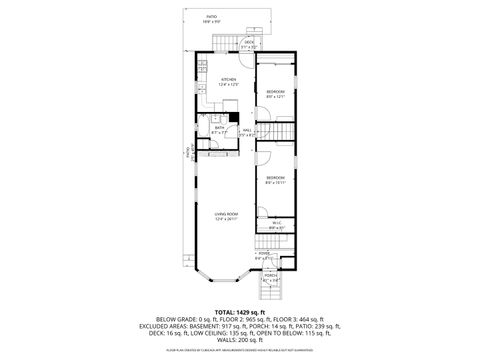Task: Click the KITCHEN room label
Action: point(227,79)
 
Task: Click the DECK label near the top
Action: point(249,42)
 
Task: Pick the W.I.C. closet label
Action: point(276,224)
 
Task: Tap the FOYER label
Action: point(265,254)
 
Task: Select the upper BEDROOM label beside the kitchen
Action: point(276,92)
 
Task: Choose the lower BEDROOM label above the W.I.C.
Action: point(276,179)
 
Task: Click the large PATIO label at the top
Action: point(211,17)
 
